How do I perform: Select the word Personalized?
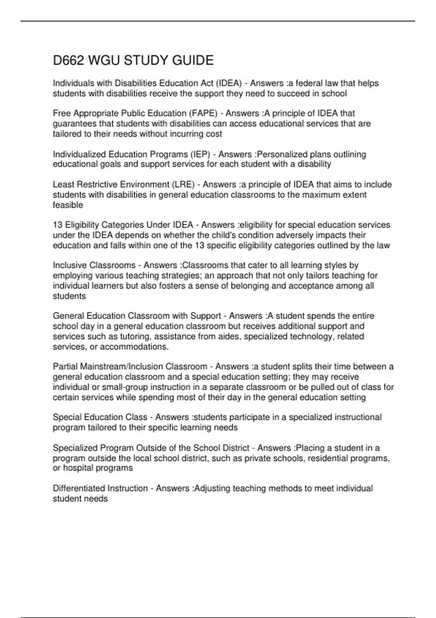click(x=282, y=154)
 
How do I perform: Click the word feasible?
click(x=68, y=205)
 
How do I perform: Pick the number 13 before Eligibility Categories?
click(x=58, y=225)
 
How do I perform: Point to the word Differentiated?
click(x=76, y=488)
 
